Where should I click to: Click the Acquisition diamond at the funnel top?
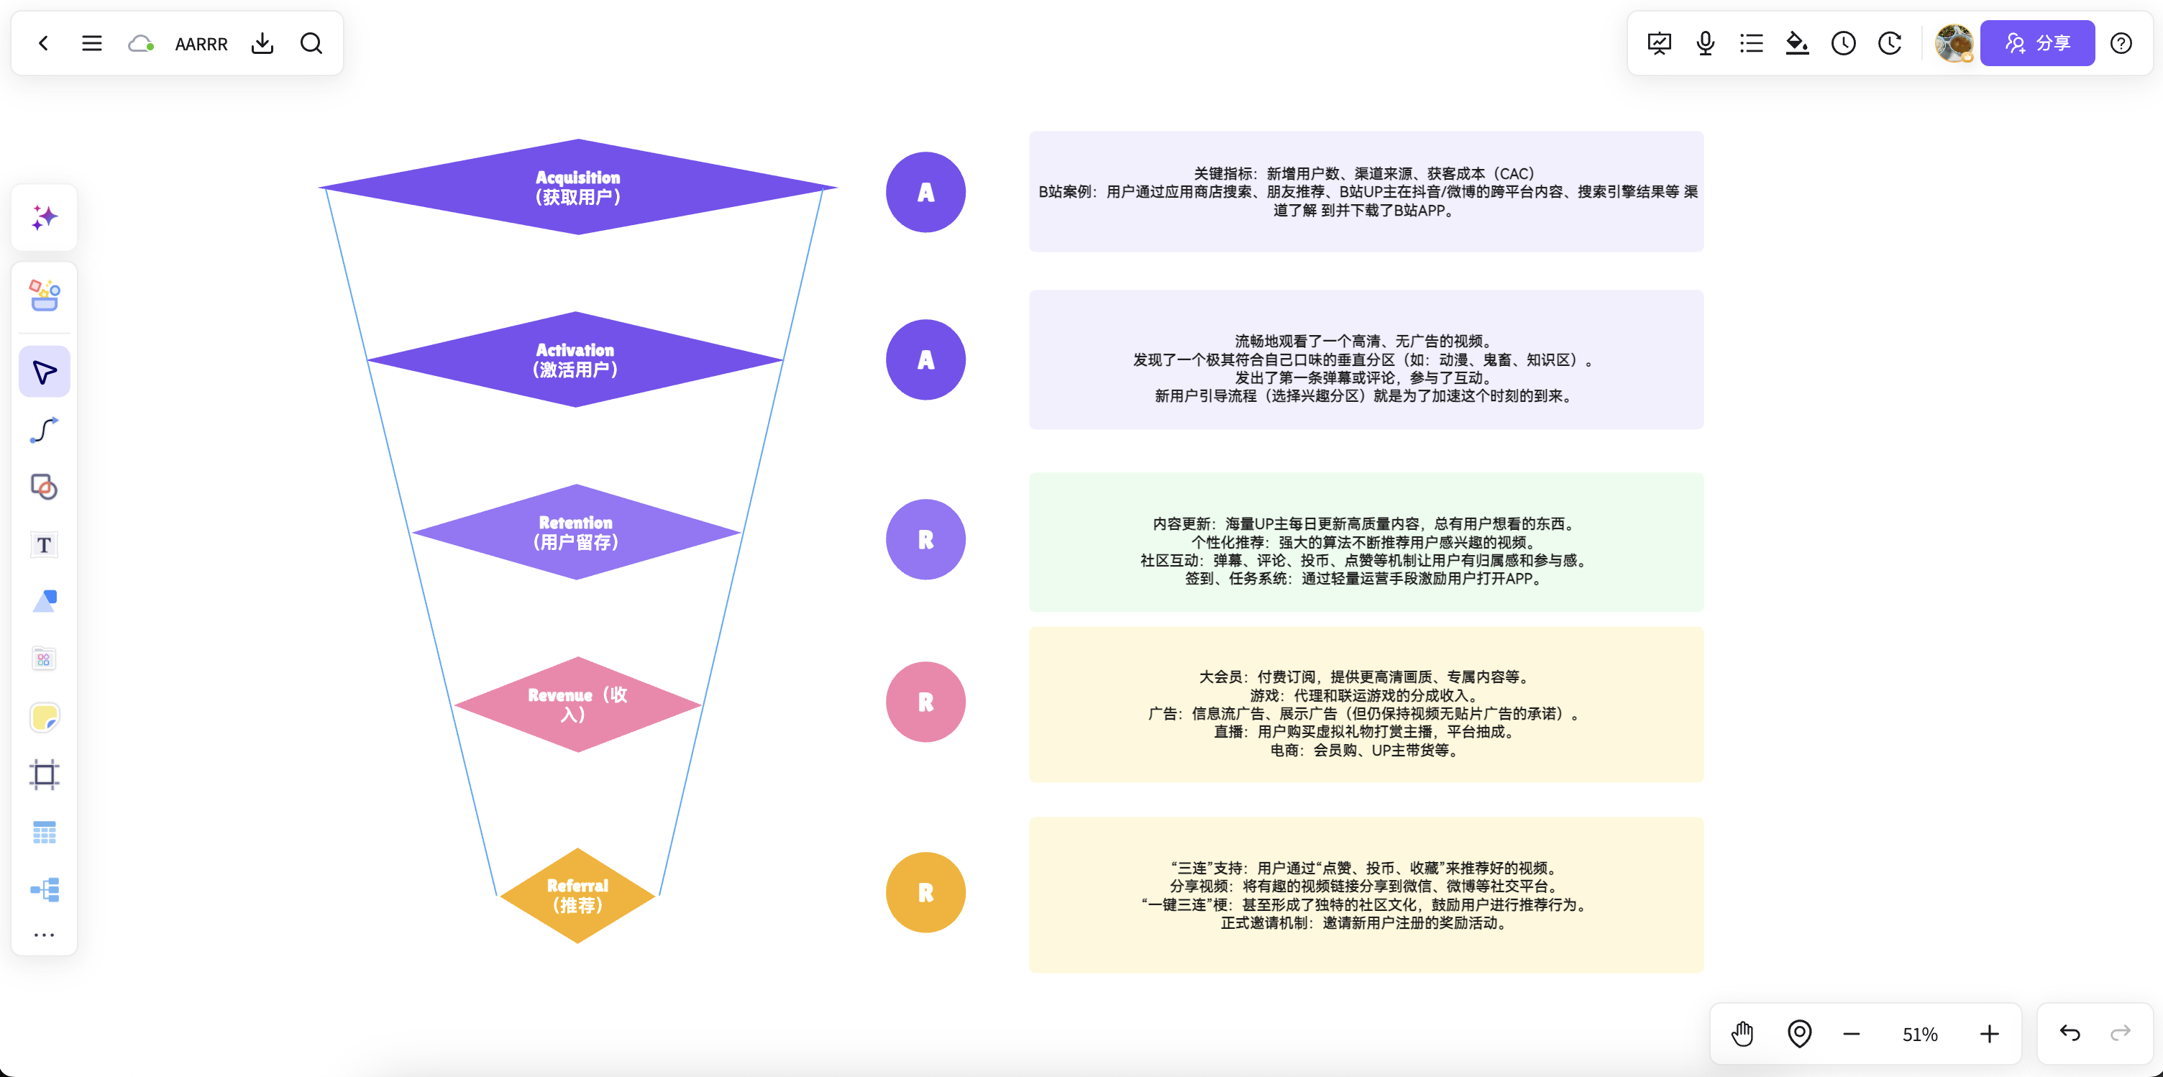click(x=577, y=186)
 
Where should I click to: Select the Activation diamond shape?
click(x=575, y=359)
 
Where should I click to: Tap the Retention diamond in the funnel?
click(x=576, y=531)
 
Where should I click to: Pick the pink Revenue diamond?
click(x=577, y=705)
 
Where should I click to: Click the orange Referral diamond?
click(x=577, y=895)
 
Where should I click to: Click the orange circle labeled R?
click(x=925, y=892)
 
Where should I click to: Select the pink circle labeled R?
click(x=925, y=702)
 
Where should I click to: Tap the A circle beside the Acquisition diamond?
click(x=925, y=192)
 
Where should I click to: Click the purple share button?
click(x=2037, y=43)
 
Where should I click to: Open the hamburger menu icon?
click(x=91, y=43)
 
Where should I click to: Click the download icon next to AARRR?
click(x=262, y=43)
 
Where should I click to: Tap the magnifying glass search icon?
click(x=311, y=43)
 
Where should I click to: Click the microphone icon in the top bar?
click(x=1704, y=43)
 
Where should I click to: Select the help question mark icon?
click(x=2121, y=43)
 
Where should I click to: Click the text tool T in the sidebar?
click(x=44, y=545)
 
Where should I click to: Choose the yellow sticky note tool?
click(x=44, y=718)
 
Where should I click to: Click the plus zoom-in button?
click(x=1989, y=1034)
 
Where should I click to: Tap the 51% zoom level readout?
click(x=1919, y=1034)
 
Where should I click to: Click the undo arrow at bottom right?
click(x=2070, y=1033)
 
